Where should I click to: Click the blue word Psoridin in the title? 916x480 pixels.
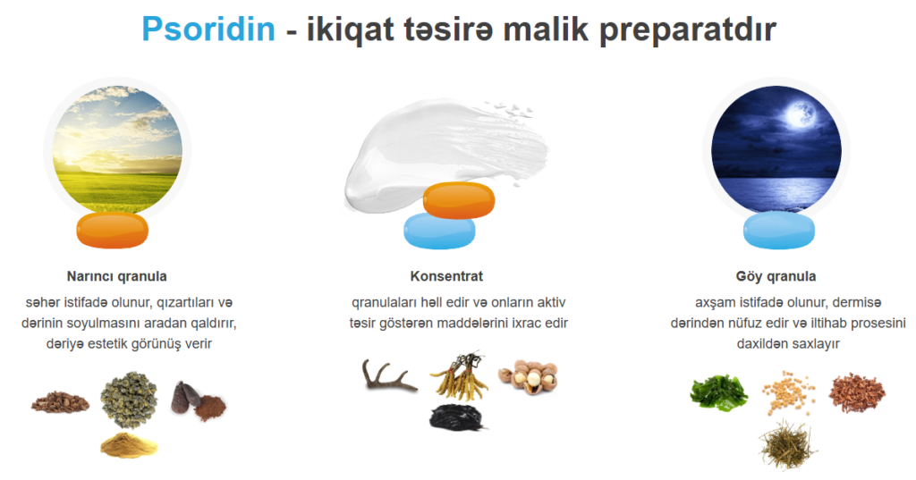coord(208,29)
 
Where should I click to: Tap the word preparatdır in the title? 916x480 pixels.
coord(688,30)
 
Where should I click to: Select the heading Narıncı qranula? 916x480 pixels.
coord(117,276)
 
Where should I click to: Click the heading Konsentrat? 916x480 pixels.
coord(446,276)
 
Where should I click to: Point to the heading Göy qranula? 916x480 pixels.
coord(776,276)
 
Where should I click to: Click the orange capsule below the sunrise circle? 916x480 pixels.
coord(112,230)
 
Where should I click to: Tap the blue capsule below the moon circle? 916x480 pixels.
coord(779,230)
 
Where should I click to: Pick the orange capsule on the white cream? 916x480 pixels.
coord(459,200)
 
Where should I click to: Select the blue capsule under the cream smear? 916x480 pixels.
coord(439,232)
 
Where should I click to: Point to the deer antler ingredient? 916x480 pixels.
coord(388,376)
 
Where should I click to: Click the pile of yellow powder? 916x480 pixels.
coord(129,445)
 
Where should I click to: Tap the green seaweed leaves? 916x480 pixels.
coord(718,392)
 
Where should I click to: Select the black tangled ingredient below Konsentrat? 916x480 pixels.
coord(457,417)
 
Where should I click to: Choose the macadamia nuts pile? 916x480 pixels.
coord(528,377)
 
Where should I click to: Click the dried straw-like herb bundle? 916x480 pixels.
coord(788,445)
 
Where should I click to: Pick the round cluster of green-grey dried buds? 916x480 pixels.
coord(129,400)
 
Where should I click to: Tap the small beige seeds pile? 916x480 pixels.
coord(788,392)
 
